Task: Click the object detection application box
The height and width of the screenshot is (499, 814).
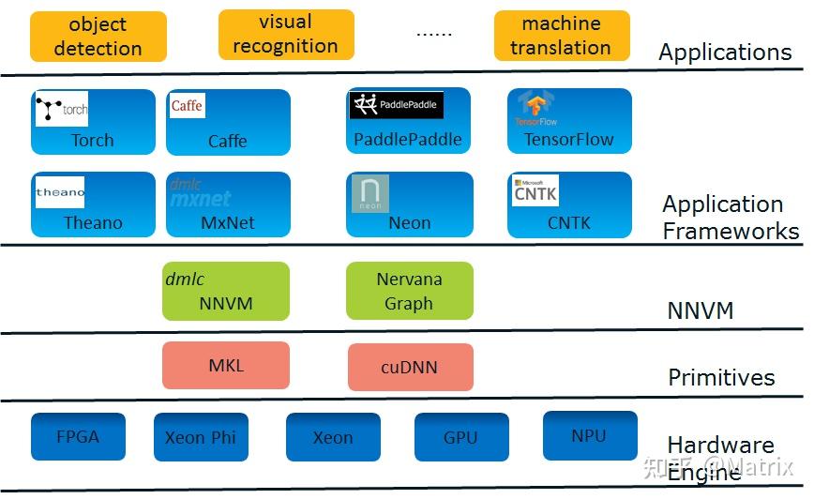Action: pyautogui.click(x=98, y=37)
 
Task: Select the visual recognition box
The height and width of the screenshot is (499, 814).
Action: pyautogui.click(x=285, y=34)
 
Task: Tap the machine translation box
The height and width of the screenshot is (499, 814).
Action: pyautogui.click(x=560, y=36)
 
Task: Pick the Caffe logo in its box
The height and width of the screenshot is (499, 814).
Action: pyautogui.click(x=187, y=105)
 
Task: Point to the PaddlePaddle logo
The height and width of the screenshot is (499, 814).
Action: pyautogui.click(x=396, y=105)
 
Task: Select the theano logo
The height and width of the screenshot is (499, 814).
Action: pyautogui.click(x=60, y=192)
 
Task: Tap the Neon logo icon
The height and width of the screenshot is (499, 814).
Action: pyautogui.click(x=369, y=193)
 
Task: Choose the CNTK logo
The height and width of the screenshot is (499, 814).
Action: pyautogui.click(x=536, y=190)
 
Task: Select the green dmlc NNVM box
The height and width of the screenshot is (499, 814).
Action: pyautogui.click(x=226, y=291)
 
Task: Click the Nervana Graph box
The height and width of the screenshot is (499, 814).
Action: pyautogui.click(x=409, y=291)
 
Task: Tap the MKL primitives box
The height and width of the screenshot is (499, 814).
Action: pyautogui.click(x=225, y=365)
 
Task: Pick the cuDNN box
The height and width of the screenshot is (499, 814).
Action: pyautogui.click(x=410, y=367)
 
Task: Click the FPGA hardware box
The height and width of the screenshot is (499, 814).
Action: pyautogui.click(x=77, y=436)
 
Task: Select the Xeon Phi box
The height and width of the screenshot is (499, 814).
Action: pyautogui.click(x=201, y=437)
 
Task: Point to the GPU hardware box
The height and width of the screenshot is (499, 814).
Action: pyautogui.click(x=460, y=437)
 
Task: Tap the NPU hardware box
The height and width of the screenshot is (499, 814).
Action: pyautogui.click(x=589, y=435)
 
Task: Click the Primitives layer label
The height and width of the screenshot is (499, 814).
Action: pyautogui.click(x=721, y=378)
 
